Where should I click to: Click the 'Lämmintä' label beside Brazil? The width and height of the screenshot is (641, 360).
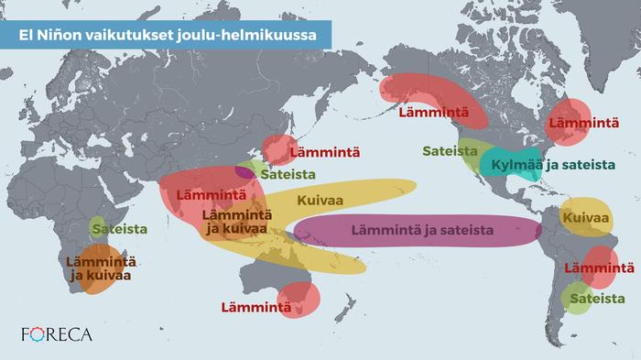pyautogui.click(x=599, y=268)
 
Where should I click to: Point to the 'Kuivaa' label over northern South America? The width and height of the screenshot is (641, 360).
pyautogui.click(x=586, y=220)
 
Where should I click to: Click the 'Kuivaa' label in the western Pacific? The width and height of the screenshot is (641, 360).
pyautogui.click(x=316, y=198)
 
